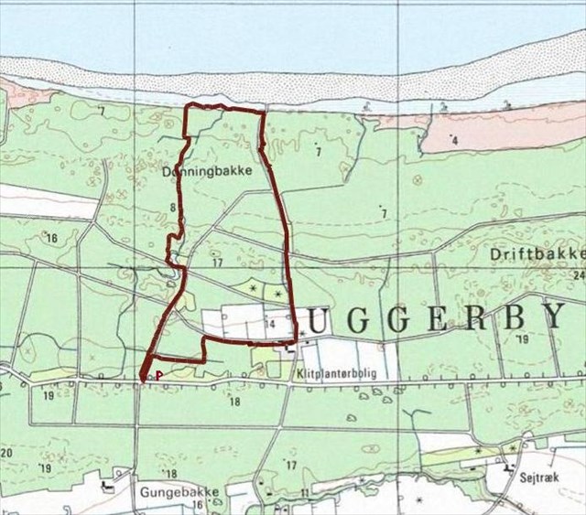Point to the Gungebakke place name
point(180,491)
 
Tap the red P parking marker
point(158,374)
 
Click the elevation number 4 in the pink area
point(454,141)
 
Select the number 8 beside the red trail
point(172,209)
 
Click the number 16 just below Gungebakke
point(197,505)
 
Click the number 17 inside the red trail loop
point(217,263)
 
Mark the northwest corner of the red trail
point(188,108)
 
